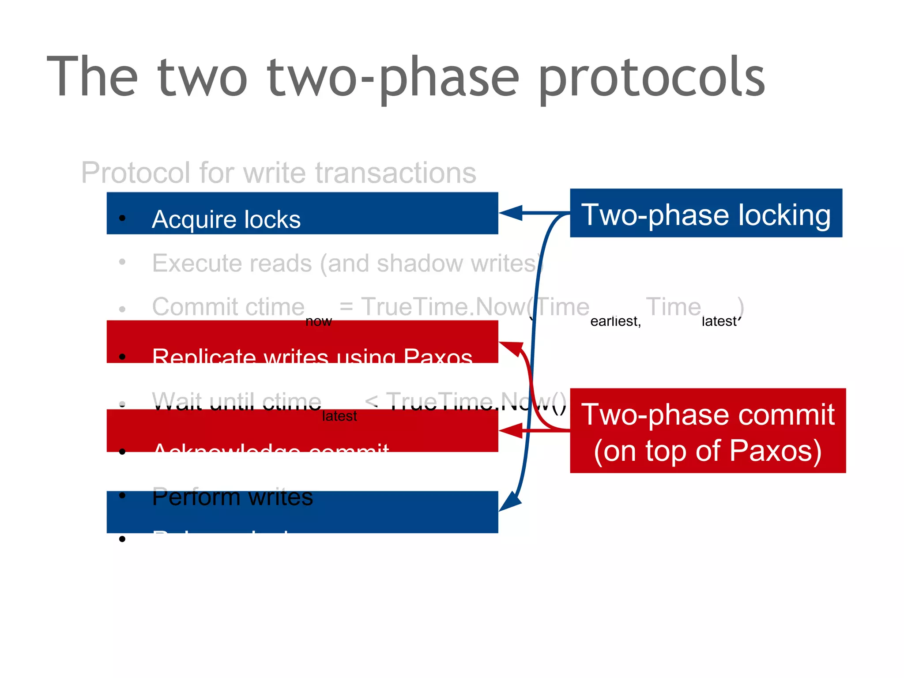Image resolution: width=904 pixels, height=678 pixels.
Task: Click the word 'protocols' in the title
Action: pos(651,77)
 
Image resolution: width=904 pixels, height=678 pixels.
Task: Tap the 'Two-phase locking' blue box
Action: pos(706,214)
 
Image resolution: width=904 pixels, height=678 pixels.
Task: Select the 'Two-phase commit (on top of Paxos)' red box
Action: pos(708,431)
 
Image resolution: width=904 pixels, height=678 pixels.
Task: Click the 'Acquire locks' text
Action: pos(226,219)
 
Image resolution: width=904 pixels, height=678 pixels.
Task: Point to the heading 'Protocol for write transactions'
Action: pos(279,172)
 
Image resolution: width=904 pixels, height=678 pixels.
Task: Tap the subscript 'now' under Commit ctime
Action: pos(318,321)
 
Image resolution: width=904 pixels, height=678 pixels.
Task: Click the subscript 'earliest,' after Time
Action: pos(615,321)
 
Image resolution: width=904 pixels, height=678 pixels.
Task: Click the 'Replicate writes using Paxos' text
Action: pos(312,355)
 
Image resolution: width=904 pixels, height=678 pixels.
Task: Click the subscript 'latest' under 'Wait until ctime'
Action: pos(339,416)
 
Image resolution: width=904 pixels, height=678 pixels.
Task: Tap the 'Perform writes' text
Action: pos(232,497)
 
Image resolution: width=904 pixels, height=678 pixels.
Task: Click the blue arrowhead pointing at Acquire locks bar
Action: pos(511,213)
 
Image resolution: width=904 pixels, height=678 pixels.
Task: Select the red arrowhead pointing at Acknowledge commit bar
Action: pos(511,430)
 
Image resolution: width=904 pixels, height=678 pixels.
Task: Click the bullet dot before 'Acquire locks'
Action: pos(122,218)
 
